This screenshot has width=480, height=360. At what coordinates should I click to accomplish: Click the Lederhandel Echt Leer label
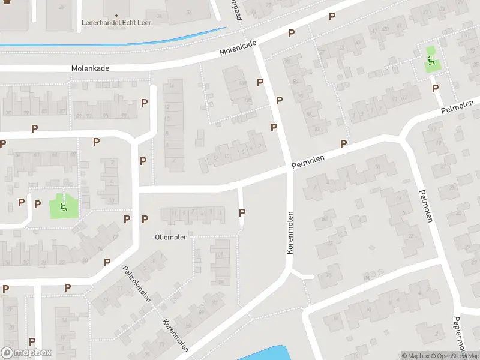click(116, 23)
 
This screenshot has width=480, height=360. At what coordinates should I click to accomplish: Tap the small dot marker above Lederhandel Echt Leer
click(116, 14)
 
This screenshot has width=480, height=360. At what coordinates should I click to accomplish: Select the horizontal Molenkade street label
click(90, 68)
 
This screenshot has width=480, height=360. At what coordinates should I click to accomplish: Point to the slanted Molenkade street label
click(238, 49)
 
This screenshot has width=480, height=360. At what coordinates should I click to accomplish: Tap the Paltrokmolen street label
click(137, 284)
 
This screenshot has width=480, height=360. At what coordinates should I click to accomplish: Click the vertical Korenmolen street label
click(290, 232)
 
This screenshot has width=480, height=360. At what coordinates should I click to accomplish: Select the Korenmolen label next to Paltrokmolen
click(175, 334)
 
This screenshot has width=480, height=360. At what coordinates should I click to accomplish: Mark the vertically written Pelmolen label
click(425, 206)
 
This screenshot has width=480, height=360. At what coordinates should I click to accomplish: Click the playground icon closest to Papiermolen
click(431, 61)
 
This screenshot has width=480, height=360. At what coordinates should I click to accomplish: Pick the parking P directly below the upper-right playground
click(435, 88)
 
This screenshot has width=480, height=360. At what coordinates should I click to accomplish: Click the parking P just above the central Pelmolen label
click(344, 143)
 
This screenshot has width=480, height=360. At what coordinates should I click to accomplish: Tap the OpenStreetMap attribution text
click(457, 356)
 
